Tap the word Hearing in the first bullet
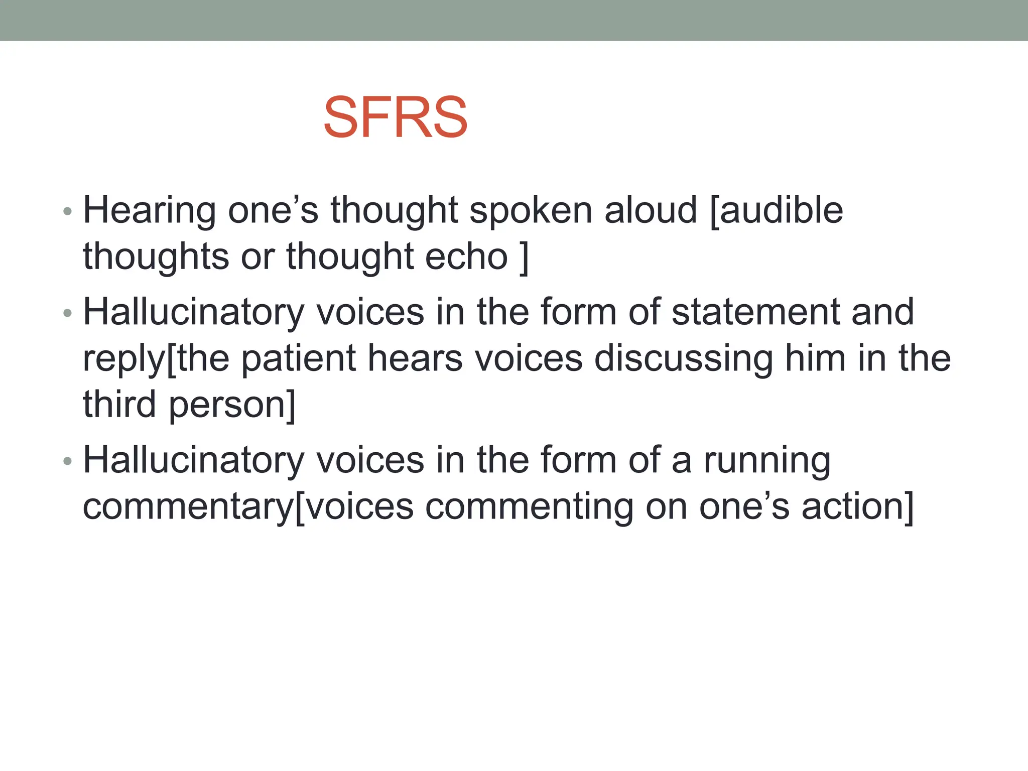point(149,211)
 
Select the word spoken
point(531,211)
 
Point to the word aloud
point(651,210)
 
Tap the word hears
point(415,358)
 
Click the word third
point(119,404)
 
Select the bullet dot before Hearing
point(68,212)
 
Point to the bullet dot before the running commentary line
point(68,462)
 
